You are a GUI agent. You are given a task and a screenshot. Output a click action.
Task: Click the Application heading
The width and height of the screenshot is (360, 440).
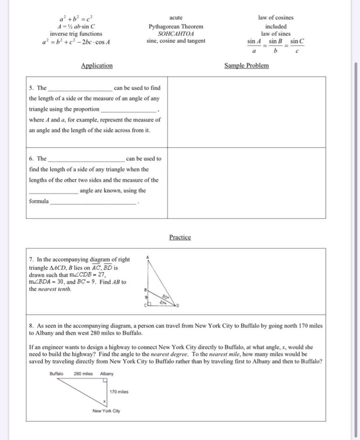click(97, 65)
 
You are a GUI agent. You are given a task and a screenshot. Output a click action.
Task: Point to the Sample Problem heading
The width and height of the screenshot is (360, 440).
click(247, 65)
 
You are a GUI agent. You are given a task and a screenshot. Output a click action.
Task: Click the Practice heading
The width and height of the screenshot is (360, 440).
click(180, 237)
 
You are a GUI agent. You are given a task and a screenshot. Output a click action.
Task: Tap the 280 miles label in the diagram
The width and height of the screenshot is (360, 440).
click(84, 373)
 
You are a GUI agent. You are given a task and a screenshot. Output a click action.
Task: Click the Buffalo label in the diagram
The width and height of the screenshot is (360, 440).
click(57, 373)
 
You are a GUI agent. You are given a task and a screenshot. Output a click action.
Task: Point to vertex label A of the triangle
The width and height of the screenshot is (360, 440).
click(147, 257)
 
